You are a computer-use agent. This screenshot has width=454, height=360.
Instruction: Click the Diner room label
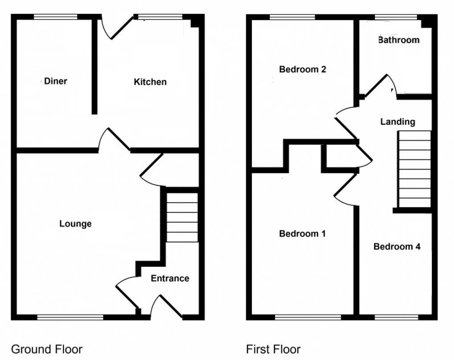click(56, 81)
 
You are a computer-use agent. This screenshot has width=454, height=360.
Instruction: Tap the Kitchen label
click(150, 82)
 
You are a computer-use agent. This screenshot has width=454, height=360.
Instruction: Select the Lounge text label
click(76, 224)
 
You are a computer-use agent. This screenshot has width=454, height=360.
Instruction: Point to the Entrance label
click(170, 278)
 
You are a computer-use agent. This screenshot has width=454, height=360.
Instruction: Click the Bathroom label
click(398, 40)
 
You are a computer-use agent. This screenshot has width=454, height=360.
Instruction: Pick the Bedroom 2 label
click(303, 70)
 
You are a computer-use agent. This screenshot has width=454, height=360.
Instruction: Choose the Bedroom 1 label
click(303, 233)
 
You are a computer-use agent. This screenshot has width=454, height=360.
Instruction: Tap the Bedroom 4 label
click(397, 246)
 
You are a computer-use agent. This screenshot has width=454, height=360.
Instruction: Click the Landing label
click(398, 122)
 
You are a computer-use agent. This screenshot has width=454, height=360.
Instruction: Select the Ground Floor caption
click(47, 349)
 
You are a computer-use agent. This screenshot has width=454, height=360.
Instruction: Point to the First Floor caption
click(273, 349)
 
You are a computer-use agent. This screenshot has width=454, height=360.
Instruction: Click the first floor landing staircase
click(415, 169)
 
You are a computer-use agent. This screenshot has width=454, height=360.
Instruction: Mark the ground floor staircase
click(182, 217)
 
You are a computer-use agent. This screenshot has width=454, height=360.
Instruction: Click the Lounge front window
click(70, 317)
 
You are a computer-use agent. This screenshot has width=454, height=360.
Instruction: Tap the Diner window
click(56, 17)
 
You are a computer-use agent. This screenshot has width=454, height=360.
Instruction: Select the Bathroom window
click(396, 17)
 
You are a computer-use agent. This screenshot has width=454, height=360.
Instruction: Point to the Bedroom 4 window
click(397, 317)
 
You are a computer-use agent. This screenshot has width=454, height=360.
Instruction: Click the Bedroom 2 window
click(292, 17)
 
